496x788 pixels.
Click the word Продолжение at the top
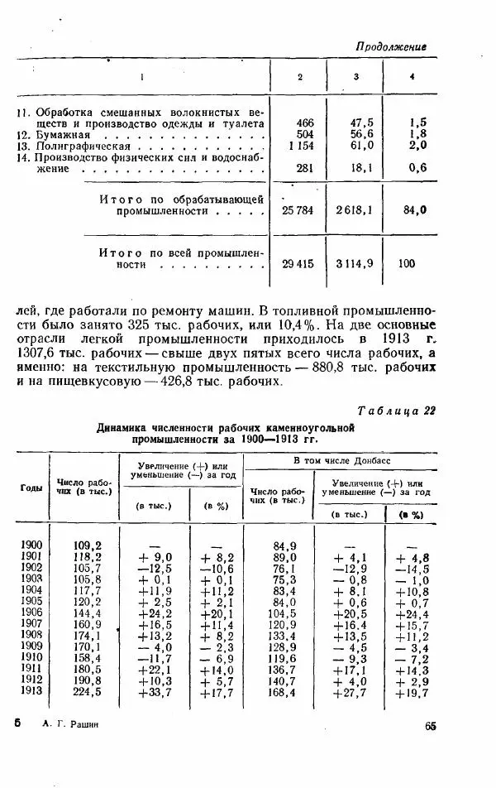click(x=391, y=48)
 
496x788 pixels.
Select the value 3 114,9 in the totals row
click(x=355, y=264)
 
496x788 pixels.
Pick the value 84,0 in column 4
click(x=415, y=210)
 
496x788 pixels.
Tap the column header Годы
click(x=31, y=488)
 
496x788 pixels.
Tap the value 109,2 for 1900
click(x=87, y=545)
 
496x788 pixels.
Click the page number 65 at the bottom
click(x=431, y=727)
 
